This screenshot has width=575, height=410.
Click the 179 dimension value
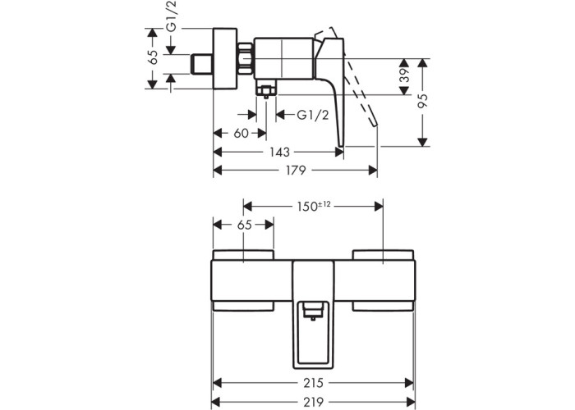(295, 171)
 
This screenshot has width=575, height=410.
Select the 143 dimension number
(279, 152)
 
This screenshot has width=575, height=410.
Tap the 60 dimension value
(241, 133)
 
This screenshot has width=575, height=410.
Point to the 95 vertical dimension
(423, 101)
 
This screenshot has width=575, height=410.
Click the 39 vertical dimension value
(404, 75)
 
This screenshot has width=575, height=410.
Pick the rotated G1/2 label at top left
(172, 16)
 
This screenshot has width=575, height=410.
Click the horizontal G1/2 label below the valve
(312, 115)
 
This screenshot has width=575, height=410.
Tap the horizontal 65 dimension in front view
(245, 225)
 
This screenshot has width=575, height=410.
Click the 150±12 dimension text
(314, 206)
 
